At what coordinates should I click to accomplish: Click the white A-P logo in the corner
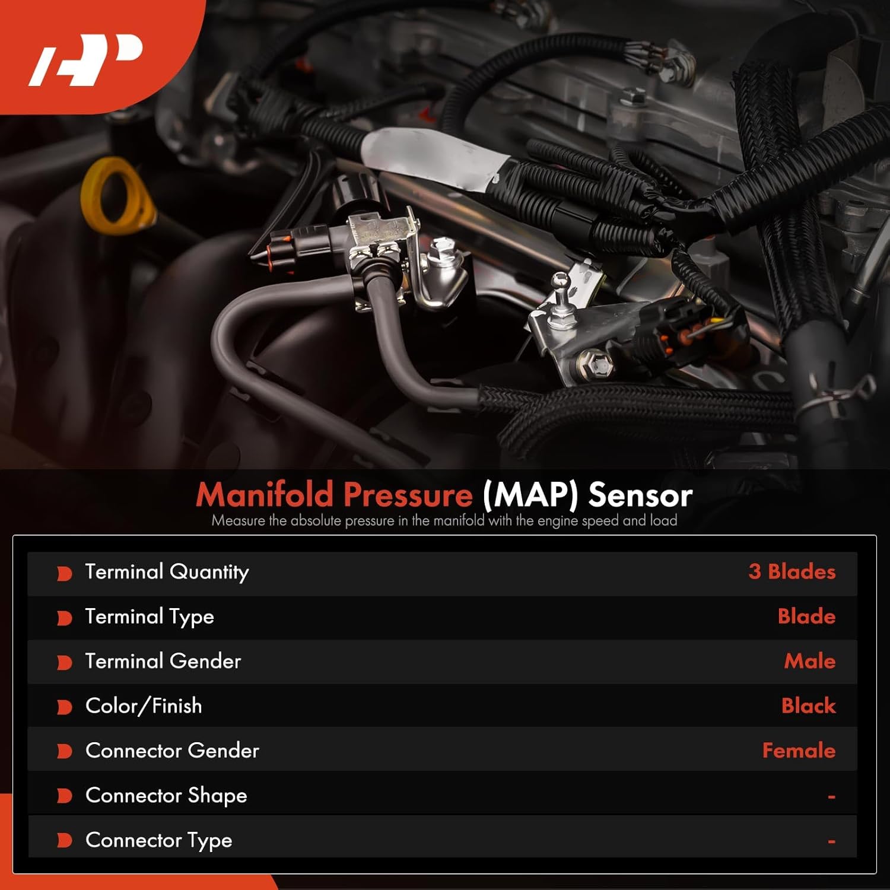87,59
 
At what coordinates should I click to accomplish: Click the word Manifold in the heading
265,494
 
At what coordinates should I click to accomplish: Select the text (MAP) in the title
530,495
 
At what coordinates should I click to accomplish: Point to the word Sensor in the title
640,495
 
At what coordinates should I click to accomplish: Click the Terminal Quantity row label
167,572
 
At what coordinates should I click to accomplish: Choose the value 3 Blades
792,571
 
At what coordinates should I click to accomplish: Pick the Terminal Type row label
150,617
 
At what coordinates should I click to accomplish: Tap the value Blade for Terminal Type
806,616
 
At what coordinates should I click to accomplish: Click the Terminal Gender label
163,661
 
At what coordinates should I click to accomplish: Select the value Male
809,661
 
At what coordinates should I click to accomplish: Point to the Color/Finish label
144,706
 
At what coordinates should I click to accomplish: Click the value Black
808,706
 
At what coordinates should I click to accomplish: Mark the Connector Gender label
172,751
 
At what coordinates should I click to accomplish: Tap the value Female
799,751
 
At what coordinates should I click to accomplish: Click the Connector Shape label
166,796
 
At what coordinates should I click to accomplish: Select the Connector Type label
158,840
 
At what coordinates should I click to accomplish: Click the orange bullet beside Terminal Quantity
64,573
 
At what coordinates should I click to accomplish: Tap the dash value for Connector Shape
831,797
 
